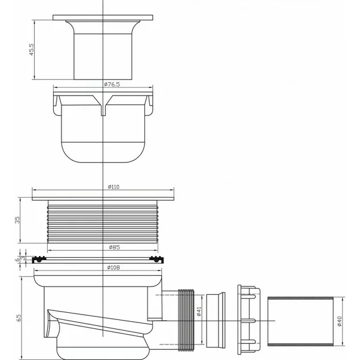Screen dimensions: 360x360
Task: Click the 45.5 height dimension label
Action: (x=32, y=50)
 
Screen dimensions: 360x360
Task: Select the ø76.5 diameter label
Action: (x=112, y=84)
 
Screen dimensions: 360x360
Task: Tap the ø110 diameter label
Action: (x=113, y=187)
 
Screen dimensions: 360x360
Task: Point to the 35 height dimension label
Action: (x=17, y=220)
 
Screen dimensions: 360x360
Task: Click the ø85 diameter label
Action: (x=115, y=247)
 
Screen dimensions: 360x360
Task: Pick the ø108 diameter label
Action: (x=113, y=267)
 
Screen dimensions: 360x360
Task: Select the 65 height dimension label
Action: (x=19, y=318)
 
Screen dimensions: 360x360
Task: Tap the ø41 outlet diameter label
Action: (x=199, y=311)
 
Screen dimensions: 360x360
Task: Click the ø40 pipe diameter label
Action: (x=340, y=321)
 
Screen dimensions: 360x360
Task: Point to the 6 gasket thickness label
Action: (x=17, y=260)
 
